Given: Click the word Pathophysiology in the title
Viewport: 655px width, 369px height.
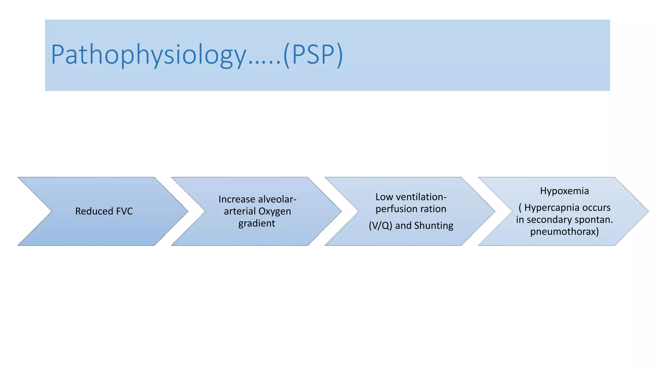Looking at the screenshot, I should (148, 55).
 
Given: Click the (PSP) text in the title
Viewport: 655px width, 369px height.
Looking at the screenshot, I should (313, 55).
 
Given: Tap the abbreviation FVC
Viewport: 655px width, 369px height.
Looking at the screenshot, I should (124, 211).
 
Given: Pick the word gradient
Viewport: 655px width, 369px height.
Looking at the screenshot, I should (256, 223).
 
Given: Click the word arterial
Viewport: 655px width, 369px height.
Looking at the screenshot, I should (240, 211).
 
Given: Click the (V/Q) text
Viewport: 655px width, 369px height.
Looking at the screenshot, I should (380, 225).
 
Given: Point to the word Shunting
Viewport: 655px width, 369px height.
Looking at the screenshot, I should (434, 225).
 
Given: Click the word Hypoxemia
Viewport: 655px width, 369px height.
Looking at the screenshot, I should (564, 191).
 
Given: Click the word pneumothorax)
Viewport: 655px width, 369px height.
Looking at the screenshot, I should (564, 232).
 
